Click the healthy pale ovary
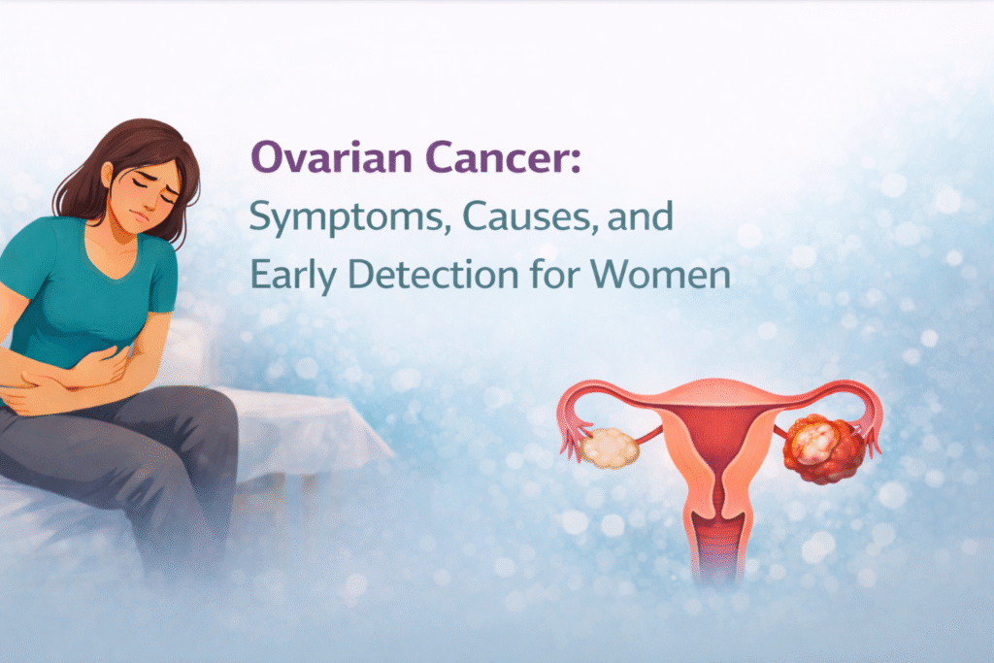pos(611,448)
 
